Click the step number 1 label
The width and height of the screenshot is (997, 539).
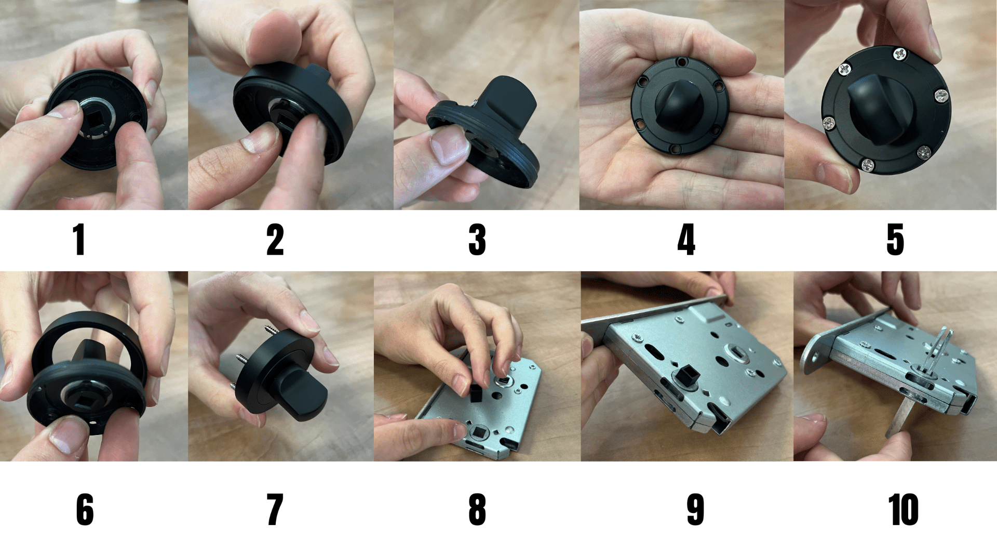click(x=79, y=240)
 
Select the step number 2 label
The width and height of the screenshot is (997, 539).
click(x=275, y=240)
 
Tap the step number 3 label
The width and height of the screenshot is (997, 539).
click(x=477, y=240)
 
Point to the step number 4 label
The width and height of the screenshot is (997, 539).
click(x=686, y=240)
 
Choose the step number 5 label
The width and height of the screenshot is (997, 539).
click(x=895, y=240)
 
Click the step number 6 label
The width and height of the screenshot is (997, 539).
click(x=85, y=509)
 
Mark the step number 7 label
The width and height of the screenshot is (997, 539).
click(x=275, y=509)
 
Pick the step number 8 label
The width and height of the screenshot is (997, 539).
click(x=477, y=509)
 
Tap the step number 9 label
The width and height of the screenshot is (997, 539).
click(x=696, y=509)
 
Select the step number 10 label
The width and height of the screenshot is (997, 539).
click(x=904, y=509)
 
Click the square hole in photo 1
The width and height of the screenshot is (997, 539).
click(x=96, y=121)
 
